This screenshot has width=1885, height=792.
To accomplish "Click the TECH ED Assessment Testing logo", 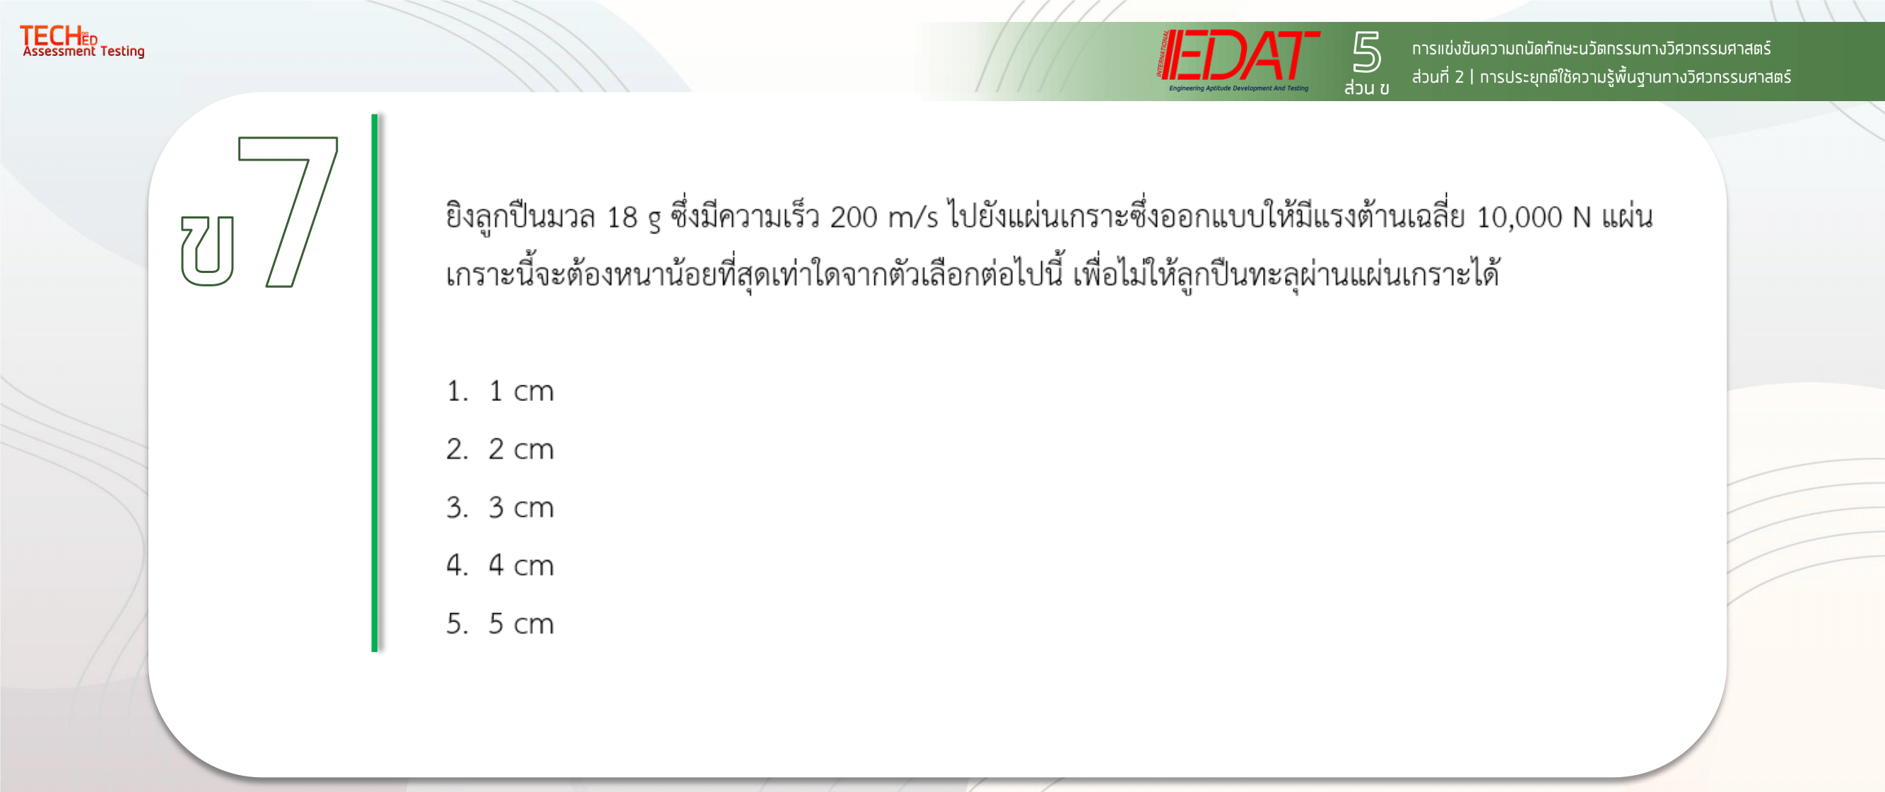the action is tap(82, 41).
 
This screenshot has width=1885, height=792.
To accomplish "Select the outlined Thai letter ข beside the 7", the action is tap(208, 250).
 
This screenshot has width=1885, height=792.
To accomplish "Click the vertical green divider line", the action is tap(375, 382).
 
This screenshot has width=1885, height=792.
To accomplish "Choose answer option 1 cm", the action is tap(500, 391).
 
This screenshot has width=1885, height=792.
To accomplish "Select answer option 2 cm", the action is tap(500, 449).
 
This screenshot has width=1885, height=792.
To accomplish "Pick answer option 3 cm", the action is tap(500, 507).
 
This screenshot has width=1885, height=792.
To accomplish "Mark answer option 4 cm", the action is tap(500, 565).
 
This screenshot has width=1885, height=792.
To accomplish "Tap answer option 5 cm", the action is tap(500, 624).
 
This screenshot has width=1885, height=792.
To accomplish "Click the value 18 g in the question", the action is tap(634, 218).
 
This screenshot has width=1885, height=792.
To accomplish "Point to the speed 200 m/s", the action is tap(884, 217).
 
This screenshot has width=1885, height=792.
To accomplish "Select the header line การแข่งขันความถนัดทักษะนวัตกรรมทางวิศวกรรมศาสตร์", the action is tap(1592, 48).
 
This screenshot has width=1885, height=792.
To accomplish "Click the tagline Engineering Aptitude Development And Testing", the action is tap(1239, 88).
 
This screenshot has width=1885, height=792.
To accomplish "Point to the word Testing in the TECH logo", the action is tap(122, 51).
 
